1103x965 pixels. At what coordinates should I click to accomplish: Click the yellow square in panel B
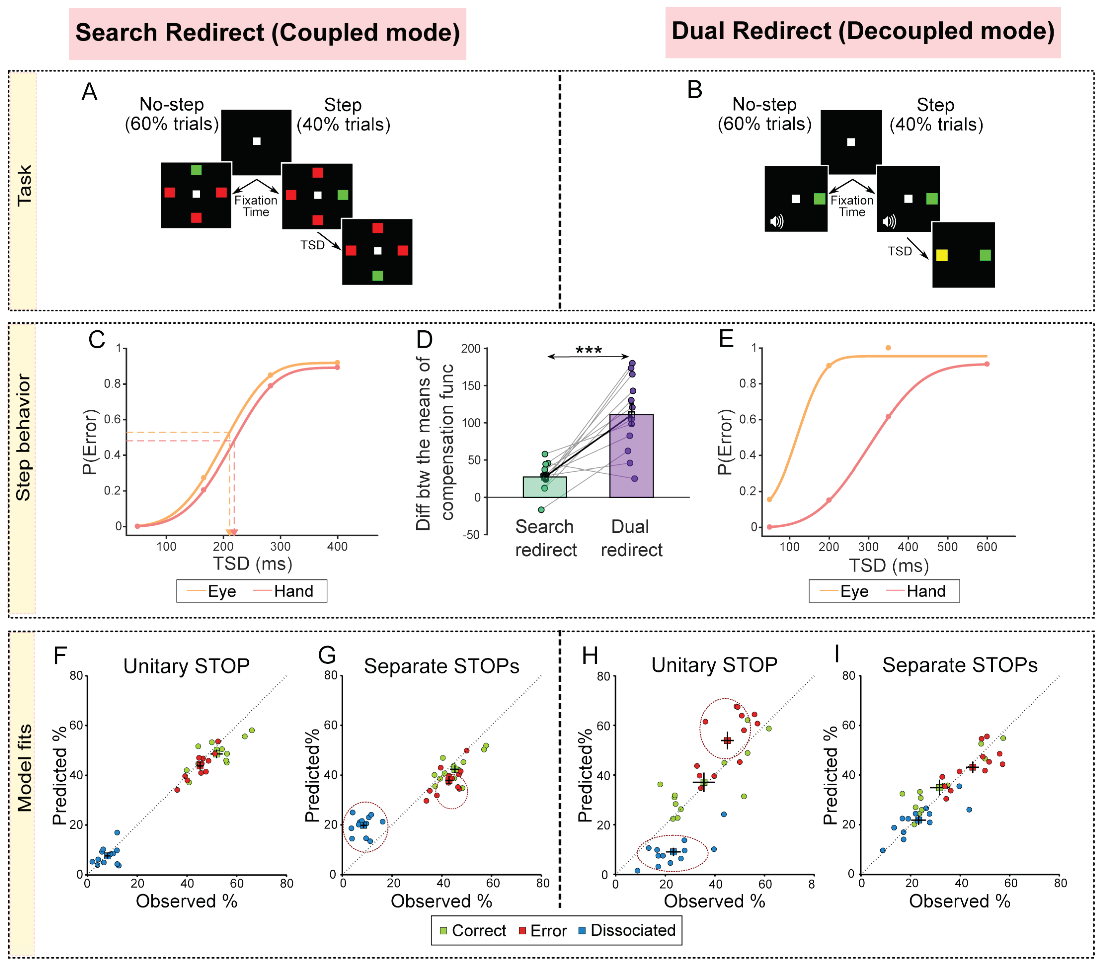pyautogui.click(x=942, y=255)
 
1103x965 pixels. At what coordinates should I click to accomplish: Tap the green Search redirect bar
pyautogui.click(x=545, y=487)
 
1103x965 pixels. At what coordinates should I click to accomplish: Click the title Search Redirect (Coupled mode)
pyautogui.click(x=267, y=33)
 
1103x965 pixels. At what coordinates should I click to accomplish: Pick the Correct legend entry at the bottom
pyautogui.click(x=473, y=930)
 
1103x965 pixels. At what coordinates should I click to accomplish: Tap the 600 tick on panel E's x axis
pyautogui.click(x=987, y=547)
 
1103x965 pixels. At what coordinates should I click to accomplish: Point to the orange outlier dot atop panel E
pyautogui.click(x=888, y=348)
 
